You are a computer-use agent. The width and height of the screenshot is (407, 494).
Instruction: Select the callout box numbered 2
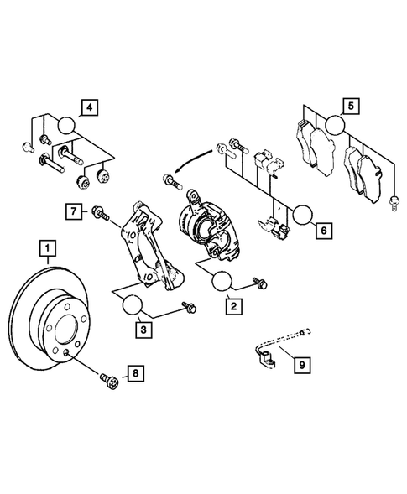236,308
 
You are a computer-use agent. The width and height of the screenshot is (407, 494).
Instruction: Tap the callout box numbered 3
145,331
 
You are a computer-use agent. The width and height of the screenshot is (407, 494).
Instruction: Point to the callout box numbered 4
87,107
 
